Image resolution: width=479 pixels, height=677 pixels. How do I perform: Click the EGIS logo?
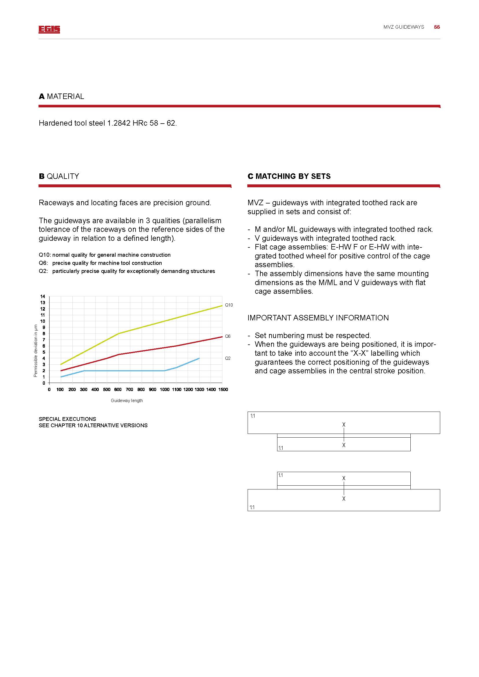point(49,29)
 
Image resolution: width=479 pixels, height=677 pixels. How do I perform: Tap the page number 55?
point(437,27)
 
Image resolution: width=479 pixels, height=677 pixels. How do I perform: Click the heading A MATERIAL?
point(61,96)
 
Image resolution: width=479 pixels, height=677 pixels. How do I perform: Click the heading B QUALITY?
point(59,176)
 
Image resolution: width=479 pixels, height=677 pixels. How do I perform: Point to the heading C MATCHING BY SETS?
point(289,176)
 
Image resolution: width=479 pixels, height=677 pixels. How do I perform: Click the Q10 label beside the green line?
point(229,305)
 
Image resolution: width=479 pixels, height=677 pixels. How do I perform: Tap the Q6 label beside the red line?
point(228,336)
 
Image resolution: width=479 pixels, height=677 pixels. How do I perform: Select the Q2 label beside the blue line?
point(228,358)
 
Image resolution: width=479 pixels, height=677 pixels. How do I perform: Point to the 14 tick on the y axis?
point(43,296)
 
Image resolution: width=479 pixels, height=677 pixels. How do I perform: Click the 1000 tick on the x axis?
point(164,390)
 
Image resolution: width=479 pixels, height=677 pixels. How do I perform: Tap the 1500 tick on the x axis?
point(223,390)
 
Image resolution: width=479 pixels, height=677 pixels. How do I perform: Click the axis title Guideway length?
point(127,400)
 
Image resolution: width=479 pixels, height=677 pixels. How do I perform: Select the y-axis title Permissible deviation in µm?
point(35,351)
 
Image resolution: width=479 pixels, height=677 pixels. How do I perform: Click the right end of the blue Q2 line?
point(199,358)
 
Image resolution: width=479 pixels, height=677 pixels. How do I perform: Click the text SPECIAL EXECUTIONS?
point(67,419)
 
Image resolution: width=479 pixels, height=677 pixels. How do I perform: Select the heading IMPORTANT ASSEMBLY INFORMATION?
point(318,318)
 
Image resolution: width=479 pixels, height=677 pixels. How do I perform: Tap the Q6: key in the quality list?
point(43,263)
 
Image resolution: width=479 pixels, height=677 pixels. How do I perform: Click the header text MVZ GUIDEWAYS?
point(404,27)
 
